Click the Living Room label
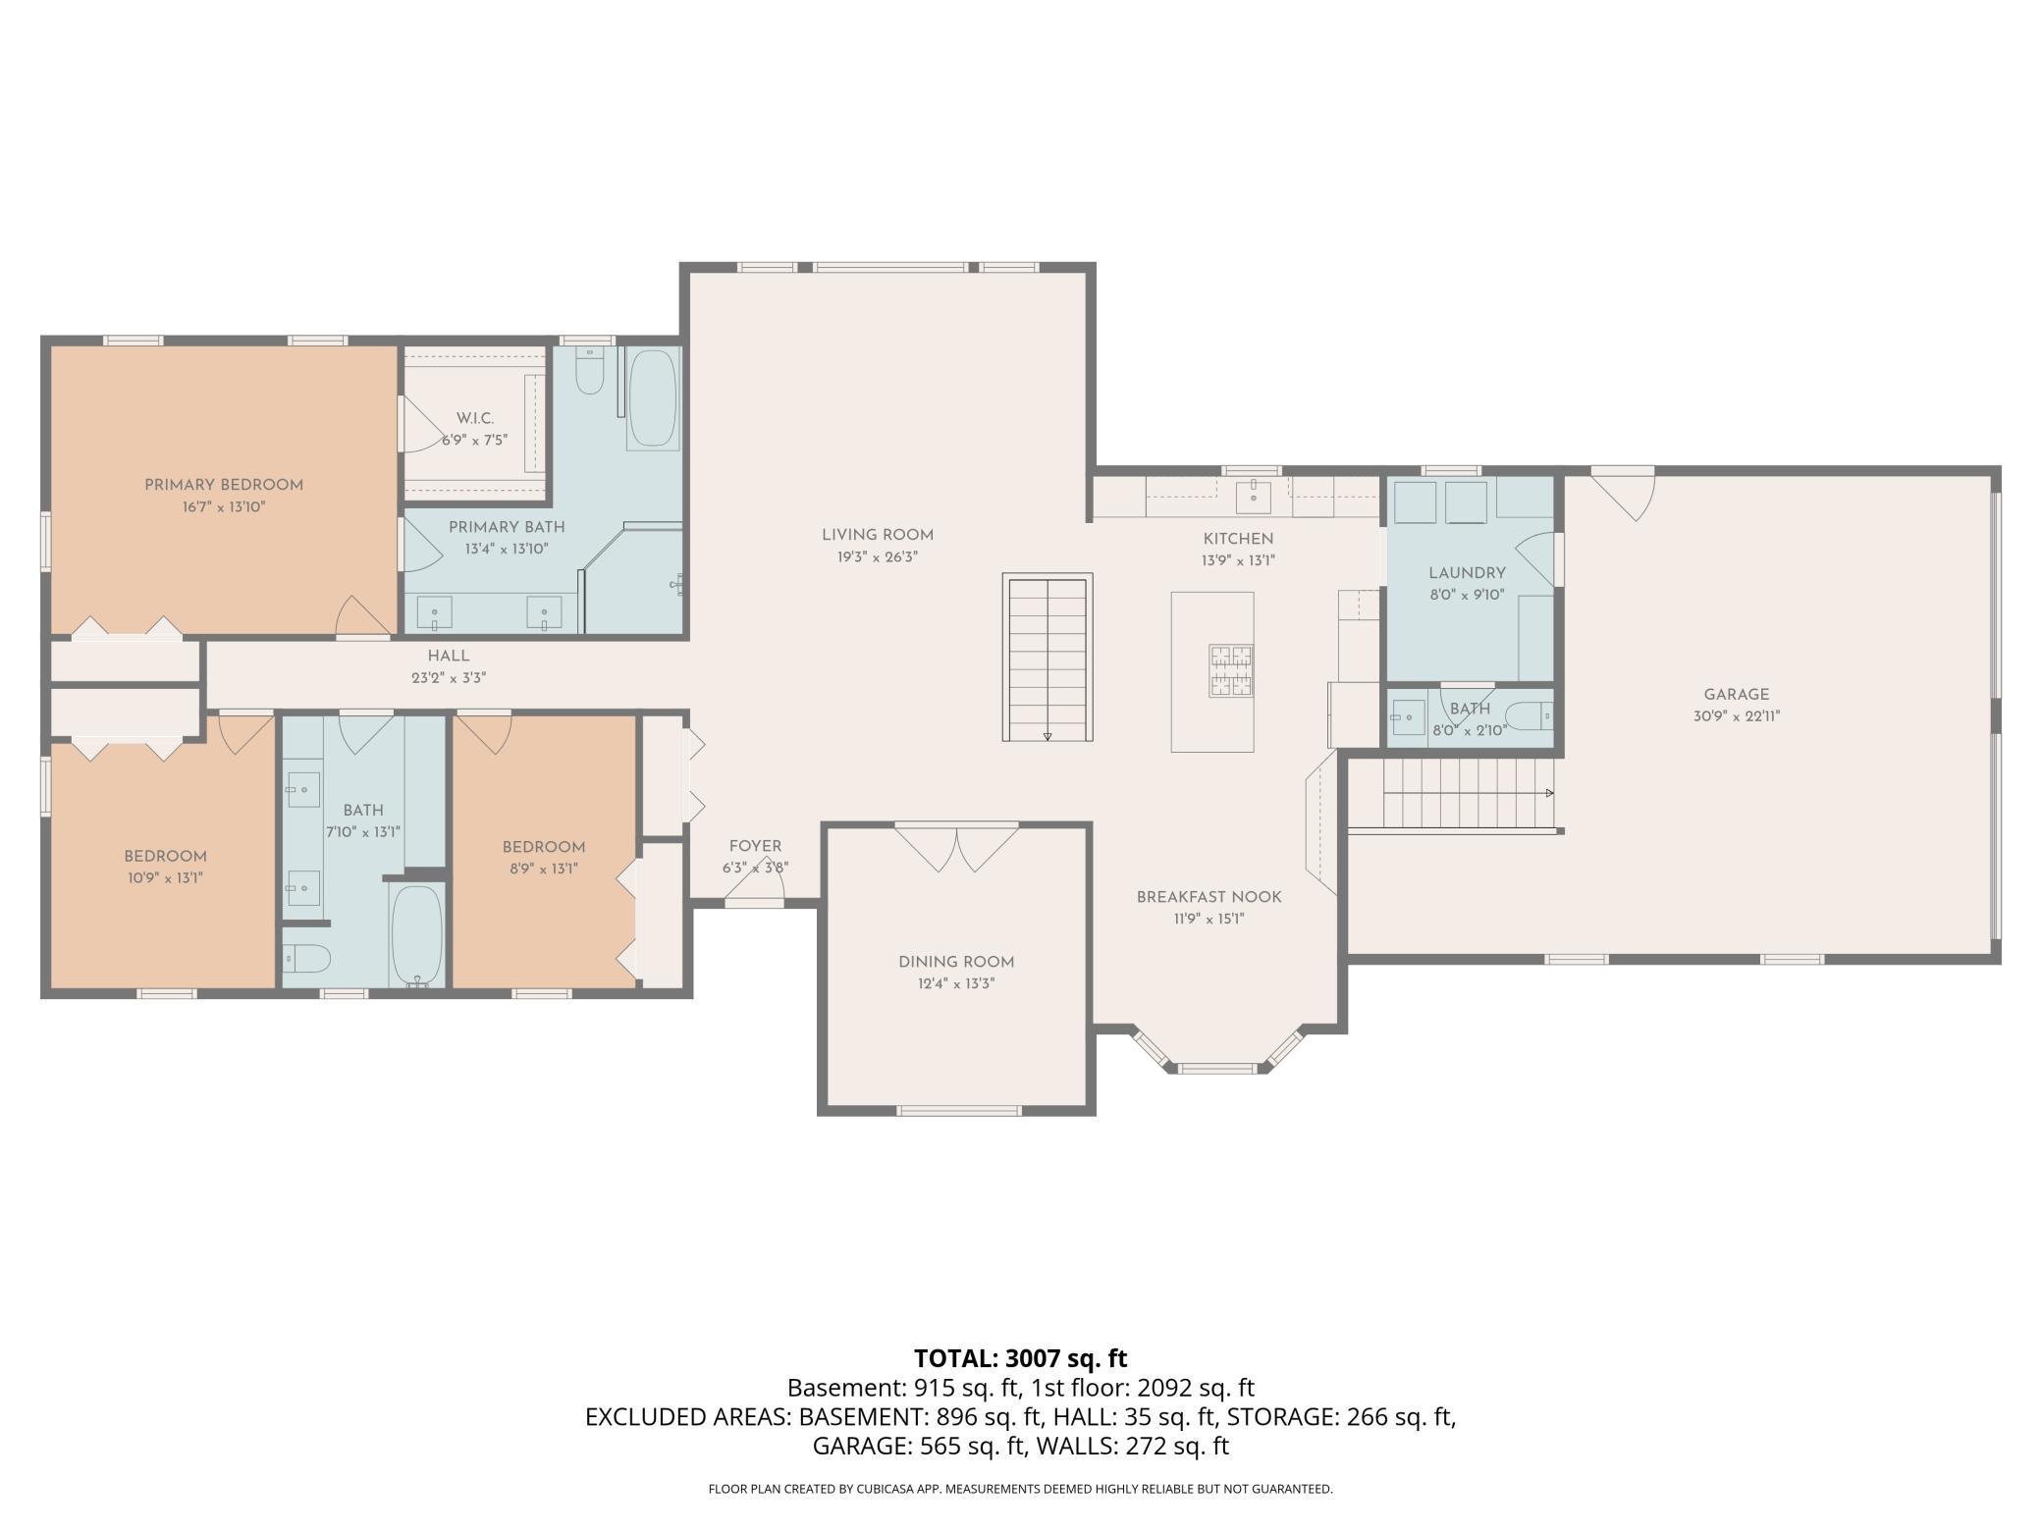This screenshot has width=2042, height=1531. (877, 535)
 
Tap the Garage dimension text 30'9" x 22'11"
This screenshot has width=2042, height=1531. (1736, 716)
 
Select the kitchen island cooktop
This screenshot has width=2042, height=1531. (1231, 670)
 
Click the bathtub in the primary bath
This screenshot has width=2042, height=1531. (652, 399)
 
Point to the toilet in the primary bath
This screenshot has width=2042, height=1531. (590, 372)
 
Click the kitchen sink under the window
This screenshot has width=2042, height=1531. (1254, 497)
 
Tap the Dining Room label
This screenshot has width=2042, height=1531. (956, 962)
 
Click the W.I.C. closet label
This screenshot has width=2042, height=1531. (474, 419)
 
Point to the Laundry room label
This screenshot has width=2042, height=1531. (1467, 573)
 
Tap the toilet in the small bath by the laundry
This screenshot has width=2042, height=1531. (1528, 717)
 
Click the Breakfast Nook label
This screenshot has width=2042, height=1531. (1209, 897)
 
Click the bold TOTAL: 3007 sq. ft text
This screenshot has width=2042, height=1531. (1020, 1358)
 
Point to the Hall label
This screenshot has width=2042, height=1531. (448, 656)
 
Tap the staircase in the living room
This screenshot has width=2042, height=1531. (1048, 658)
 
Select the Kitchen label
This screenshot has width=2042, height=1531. (1238, 539)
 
